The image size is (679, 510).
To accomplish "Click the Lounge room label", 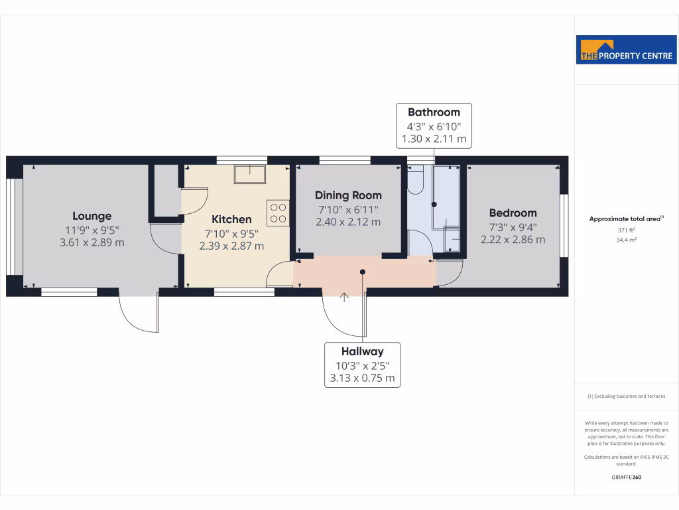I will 92,216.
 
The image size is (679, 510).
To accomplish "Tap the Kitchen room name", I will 231,219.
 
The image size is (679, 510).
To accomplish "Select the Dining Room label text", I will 348,195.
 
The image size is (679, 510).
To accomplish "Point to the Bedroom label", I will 513,213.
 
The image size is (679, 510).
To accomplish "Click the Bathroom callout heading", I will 434,112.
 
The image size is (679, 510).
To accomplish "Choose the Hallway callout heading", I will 362,351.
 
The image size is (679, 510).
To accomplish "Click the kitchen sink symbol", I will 249,174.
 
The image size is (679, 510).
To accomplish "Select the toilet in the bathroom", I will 416,181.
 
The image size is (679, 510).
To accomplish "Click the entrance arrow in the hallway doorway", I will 343,297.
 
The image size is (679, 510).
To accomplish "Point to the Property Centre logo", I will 627,50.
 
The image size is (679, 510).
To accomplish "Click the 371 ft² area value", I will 627,230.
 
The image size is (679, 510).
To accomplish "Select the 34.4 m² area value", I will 627,240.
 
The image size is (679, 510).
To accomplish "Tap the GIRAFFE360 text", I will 627,477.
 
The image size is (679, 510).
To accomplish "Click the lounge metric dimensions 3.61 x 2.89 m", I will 92,242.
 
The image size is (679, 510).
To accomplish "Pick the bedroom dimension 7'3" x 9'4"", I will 513,226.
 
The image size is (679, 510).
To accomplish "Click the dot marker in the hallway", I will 363,271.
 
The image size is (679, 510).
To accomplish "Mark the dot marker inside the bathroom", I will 434,205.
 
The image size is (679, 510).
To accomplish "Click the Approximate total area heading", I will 627,218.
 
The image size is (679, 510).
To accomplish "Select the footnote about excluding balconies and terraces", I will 627,396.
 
